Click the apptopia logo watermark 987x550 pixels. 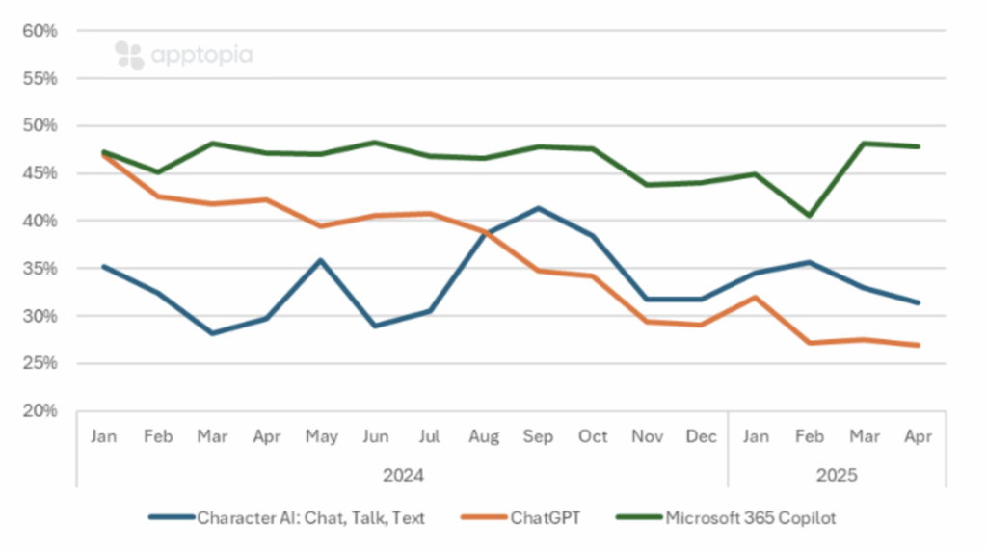[183, 55]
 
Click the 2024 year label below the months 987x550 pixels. [403, 475]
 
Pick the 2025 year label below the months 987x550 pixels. [837, 475]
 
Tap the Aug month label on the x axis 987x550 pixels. [484, 436]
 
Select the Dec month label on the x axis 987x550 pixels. [702, 436]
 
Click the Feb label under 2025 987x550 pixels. [810, 436]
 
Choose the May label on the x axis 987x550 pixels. [321, 436]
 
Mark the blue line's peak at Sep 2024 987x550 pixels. [538, 208]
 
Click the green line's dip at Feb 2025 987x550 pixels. [810, 215]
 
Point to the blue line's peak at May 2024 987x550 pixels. [321, 260]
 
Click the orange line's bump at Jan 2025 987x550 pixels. [756, 298]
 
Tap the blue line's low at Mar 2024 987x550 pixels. [212, 333]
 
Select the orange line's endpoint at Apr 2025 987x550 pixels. [918, 345]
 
